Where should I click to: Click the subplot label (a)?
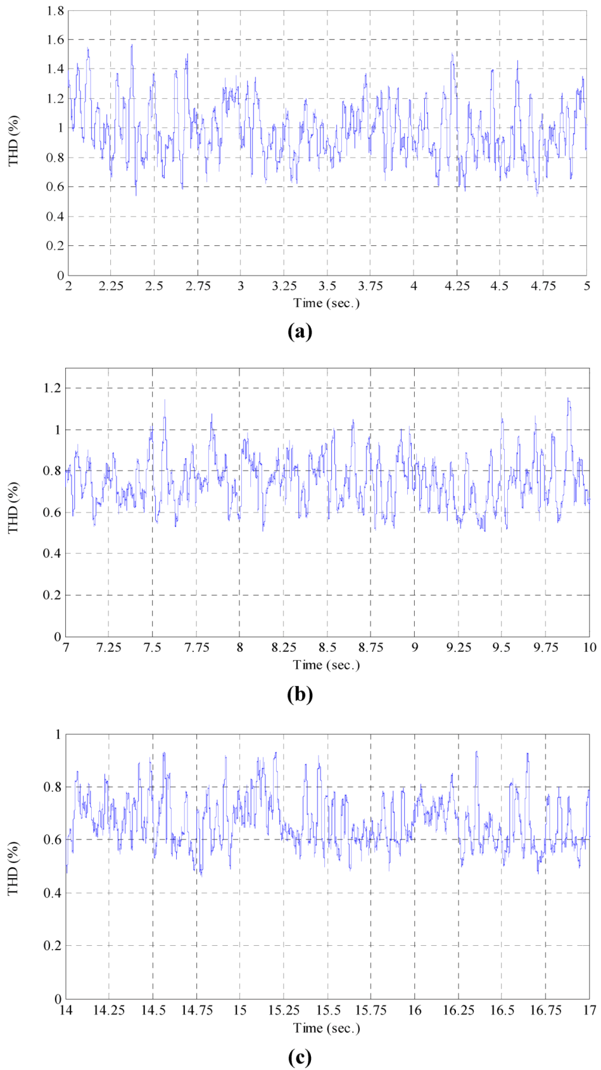(x=300, y=331)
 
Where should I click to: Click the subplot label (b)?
(x=300, y=694)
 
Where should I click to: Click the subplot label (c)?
(x=300, y=1057)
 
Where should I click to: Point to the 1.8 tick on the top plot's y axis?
(x=56, y=11)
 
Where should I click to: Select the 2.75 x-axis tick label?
(x=198, y=286)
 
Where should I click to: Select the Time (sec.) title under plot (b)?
(x=326, y=665)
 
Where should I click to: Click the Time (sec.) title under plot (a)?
(x=326, y=303)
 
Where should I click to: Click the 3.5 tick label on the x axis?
(x=327, y=286)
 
